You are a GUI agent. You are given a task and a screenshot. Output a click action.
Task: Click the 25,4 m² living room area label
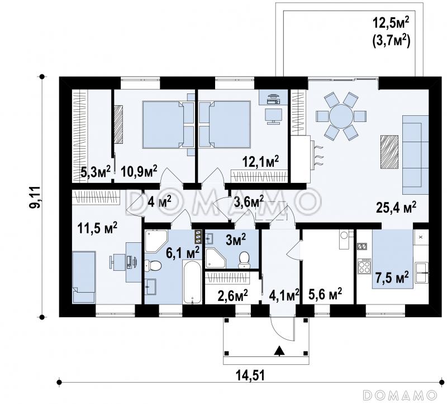click(x=396, y=207)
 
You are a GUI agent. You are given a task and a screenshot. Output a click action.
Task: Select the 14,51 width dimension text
click(x=250, y=375)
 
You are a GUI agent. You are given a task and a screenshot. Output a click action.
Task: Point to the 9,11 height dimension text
click(x=36, y=197)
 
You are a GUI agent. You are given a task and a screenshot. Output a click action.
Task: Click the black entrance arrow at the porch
click(x=280, y=351)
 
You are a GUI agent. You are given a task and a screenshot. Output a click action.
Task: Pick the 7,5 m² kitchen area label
click(x=392, y=278)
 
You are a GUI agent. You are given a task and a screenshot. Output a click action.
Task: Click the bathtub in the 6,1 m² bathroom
click(x=192, y=282)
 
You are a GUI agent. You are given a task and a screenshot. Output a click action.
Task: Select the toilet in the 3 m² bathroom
click(x=244, y=260)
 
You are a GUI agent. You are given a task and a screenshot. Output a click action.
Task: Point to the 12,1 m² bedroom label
click(x=260, y=162)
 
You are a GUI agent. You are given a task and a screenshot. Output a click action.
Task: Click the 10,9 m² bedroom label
click(x=139, y=171)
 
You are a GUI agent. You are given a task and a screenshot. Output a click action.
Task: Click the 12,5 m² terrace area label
click(x=391, y=23)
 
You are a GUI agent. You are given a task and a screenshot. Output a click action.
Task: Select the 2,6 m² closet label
click(x=232, y=296)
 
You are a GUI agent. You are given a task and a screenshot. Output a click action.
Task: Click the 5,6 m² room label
click(x=326, y=293)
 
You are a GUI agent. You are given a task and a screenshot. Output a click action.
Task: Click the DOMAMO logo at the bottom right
click(x=400, y=395)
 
